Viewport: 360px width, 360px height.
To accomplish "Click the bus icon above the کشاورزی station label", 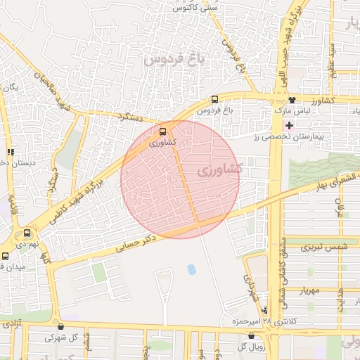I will (163, 131).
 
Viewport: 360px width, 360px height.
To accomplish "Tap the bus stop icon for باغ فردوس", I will (214, 99).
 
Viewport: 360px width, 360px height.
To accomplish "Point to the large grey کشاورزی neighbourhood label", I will (219, 169).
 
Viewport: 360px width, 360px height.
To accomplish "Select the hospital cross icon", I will (289, 125).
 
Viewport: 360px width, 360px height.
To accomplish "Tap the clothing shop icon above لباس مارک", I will (292, 101).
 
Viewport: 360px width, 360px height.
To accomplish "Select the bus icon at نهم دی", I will (27, 233).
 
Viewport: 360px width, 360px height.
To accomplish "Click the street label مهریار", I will (309, 290).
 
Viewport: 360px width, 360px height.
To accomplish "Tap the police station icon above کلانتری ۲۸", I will (264, 310).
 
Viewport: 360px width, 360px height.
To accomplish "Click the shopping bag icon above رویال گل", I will (251, 336).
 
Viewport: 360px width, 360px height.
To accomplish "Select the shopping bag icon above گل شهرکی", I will (61, 326).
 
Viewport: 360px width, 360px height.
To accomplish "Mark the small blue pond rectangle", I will (191, 269).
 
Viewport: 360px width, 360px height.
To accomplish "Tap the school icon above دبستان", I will (10, 151).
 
